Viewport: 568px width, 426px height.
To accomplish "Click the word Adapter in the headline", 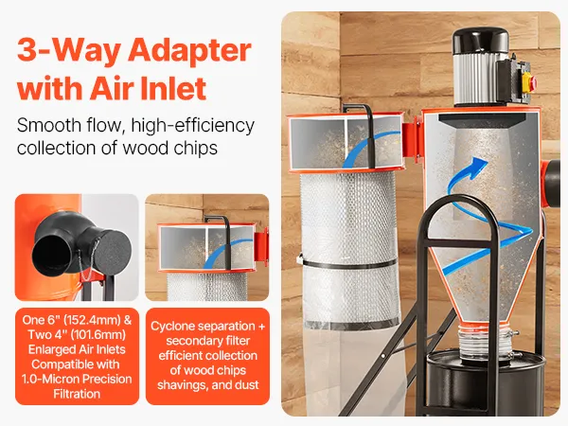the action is coord(189,51).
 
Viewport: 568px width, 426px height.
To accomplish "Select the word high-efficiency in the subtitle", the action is coord(193,126).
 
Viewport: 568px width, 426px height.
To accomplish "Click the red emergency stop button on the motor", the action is coord(534,81).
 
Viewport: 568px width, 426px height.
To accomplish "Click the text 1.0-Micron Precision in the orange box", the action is coord(77,379).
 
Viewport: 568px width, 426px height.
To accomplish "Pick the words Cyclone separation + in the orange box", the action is coord(207,326).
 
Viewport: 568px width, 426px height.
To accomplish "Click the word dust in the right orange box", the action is coord(247,384).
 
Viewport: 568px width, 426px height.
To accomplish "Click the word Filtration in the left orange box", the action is coord(77,394).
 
